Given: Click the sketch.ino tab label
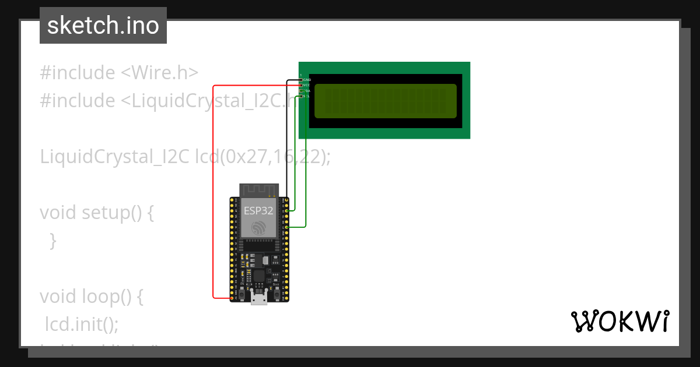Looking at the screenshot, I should pos(103,26).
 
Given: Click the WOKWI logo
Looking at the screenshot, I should pos(619,321).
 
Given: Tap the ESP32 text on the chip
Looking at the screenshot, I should pos(258,211).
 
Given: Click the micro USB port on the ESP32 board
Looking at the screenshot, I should pos(259,298).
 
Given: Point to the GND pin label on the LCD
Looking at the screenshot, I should pos(307,80).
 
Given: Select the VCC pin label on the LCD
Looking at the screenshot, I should pos(307,85).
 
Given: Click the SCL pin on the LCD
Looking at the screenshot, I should pos(302,96).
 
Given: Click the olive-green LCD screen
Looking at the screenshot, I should pos(385,101).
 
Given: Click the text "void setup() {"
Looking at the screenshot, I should pos(97,213).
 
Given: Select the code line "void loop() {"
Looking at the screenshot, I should pos(92,297).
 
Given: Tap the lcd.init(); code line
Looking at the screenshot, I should pos(82,324).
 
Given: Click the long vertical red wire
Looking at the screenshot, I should pos(213,192).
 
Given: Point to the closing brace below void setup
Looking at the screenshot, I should pos(52,240).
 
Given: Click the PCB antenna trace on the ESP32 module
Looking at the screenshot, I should pos(258,190).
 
